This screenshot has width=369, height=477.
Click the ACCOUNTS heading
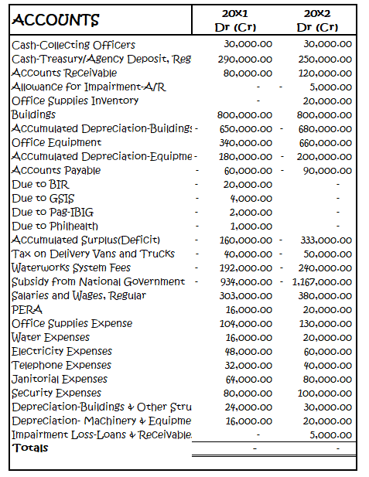(x=56, y=19)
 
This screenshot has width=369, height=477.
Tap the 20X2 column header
(x=317, y=14)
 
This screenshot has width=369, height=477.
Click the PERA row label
(x=27, y=309)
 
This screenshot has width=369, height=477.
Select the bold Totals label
(x=30, y=448)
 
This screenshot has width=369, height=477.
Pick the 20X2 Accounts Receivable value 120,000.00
(x=325, y=73)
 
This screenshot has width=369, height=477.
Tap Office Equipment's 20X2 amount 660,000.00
(x=325, y=142)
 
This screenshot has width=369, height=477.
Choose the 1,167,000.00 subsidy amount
(x=321, y=281)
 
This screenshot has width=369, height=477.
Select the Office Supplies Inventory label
(x=75, y=101)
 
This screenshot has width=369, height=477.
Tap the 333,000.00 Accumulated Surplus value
(x=325, y=240)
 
